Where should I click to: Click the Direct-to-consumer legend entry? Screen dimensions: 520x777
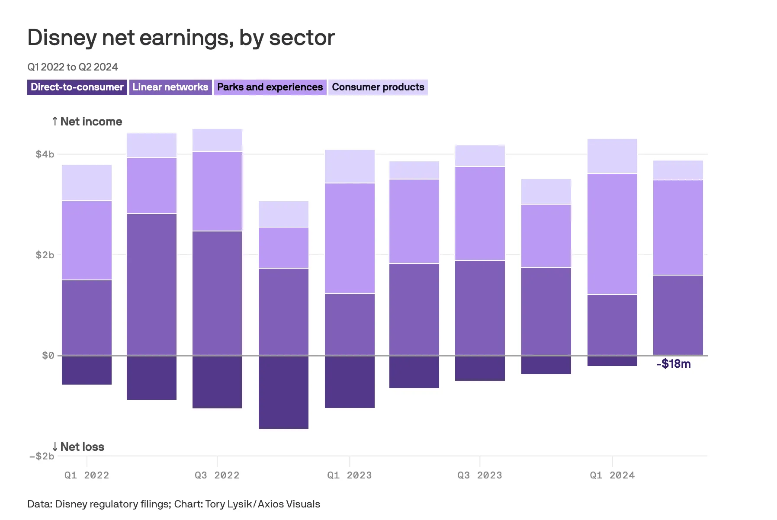tap(77, 87)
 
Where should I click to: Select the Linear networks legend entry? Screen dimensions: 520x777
tap(170, 87)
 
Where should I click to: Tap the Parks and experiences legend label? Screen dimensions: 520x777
tap(270, 87)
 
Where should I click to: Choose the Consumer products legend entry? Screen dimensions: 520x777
tap(378, 87)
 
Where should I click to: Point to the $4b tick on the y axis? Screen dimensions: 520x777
tap(45, 154)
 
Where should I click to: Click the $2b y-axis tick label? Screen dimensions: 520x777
tap(45, 255)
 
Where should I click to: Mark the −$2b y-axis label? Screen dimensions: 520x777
tap(42, 456)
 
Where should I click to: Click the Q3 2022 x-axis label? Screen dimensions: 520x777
tap(217, 475)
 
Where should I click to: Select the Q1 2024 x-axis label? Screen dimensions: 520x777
tap(612, 475)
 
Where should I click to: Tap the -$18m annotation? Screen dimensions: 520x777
tap(673, 364)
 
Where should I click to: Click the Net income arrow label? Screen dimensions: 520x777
tap(87, 122)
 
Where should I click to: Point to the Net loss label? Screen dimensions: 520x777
tap(78, 446)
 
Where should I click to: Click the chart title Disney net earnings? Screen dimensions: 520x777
tap(181, 38)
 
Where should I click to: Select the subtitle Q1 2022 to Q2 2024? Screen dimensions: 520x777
tap(73, 67)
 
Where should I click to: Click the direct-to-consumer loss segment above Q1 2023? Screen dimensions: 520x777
tap(350, 382)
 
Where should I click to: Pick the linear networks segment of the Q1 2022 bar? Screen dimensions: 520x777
tap(87, 318)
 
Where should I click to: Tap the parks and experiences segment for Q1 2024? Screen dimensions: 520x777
tap(612, 234)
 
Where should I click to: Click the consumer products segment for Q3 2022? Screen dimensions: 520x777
tap(217, 140)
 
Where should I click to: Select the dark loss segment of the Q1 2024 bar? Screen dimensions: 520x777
tap(612, 361)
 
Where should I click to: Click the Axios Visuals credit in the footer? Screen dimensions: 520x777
tap(289, 504)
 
